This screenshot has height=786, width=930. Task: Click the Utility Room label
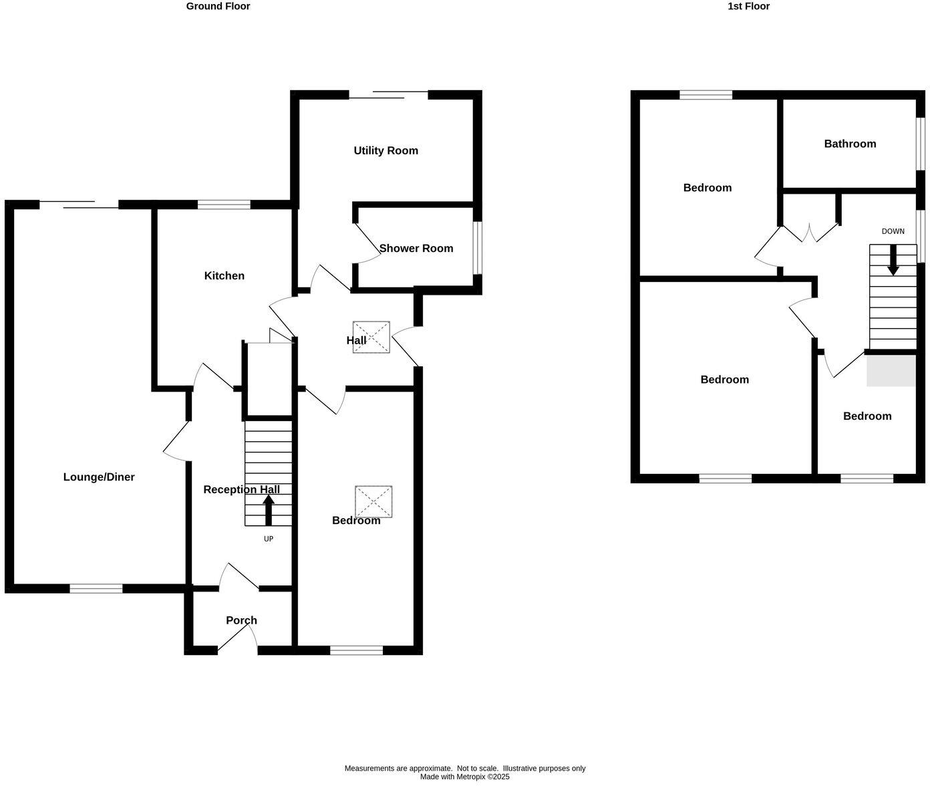(385, 150)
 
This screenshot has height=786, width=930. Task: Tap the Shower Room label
(416, 248)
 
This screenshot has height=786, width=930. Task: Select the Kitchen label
(224, 275)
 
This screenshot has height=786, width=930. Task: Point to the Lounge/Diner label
(99, 477)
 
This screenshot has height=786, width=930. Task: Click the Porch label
(241, 620)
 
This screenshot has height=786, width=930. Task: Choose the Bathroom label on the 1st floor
(850, 144)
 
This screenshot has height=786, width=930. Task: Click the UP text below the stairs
(269, 539)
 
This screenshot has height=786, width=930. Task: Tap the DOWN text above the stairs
(893, 231)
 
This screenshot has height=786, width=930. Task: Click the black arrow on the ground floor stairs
(269, 510)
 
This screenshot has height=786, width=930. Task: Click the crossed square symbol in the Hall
(371, 337)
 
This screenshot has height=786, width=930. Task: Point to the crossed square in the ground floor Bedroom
(373, 501)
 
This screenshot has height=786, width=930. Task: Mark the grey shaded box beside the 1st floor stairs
(891, 370)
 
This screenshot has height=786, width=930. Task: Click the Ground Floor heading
(218, 6)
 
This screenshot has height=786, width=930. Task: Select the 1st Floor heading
(748, 6)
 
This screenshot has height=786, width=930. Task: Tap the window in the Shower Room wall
(477, 247)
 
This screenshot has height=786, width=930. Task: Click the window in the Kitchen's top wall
(224, 205)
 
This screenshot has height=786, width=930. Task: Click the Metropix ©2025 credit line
(464, 777)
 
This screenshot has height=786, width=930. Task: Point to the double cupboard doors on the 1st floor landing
(809, 233)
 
